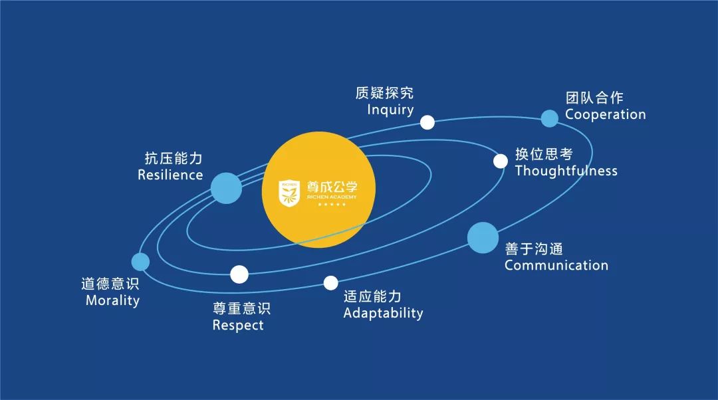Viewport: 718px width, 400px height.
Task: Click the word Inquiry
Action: coord(390,110)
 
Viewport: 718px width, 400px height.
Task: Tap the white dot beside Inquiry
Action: coord(427,122)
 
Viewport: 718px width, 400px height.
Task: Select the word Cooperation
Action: coord(605,114)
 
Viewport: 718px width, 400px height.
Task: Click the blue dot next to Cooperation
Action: coord(550,118)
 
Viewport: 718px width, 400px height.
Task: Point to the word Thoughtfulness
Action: coord(566,171)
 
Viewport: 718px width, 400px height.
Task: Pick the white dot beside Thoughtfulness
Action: coord(501,161)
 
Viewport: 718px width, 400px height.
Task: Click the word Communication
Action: coord(556,265)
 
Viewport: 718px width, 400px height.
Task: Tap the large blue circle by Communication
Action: coord(483,237)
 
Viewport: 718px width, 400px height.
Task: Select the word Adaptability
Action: coord(384,314)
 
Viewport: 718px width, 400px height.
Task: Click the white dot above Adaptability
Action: coord(330,283)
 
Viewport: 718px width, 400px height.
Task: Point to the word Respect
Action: coord(238,326)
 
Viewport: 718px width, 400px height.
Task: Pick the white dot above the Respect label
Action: coord(239,274)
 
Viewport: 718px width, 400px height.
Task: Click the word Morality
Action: coord(112,301)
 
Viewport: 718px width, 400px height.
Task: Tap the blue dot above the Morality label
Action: coord(140,262)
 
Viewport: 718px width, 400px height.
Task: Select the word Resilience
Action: coord(170,175)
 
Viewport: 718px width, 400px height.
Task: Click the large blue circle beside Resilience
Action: coord(226,188)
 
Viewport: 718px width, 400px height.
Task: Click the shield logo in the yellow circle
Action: coord(289,193)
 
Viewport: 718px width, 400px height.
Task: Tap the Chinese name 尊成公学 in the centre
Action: coord(332,187)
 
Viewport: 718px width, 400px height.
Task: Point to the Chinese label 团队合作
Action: coord(594,98)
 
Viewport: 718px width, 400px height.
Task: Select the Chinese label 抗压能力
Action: coord(174,158)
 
